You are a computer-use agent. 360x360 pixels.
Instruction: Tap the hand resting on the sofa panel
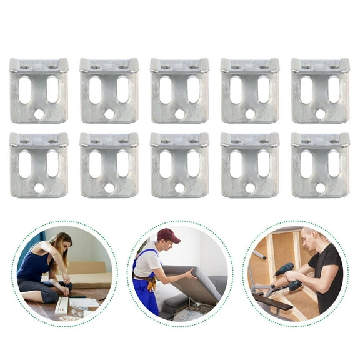click(190, 273)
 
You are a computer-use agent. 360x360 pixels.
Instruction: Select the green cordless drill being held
click(284, 271)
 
